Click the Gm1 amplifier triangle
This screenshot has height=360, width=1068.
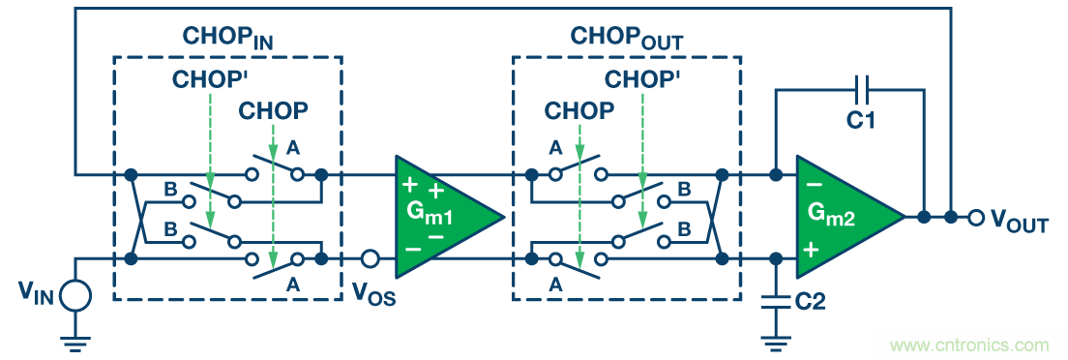coord(443,217)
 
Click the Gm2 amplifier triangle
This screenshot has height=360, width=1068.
coord(845,217)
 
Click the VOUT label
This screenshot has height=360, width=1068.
coord(1019,221)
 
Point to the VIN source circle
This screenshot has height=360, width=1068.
coord(75,295)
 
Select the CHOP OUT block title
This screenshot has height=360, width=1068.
coord(627,38)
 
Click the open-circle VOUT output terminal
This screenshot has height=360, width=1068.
coord(975,218)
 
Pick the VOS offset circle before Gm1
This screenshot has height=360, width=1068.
coord(370,259)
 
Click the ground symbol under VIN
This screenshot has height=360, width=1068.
coord(75,343)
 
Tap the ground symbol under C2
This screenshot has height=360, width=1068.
coord(775,343)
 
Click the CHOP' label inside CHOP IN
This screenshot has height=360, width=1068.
coord(208,79)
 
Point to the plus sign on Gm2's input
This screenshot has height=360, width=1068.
coord(812,251)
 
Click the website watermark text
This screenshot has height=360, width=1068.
coord(971,345)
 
